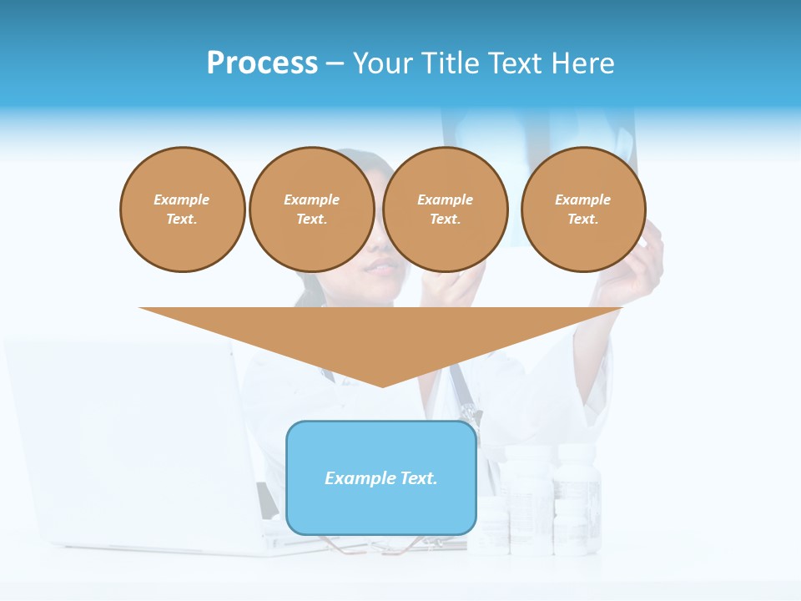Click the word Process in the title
point(262,63)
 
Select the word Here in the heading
point(582,63)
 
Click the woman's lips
point(383,267)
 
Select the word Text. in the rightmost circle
point(582,219)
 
